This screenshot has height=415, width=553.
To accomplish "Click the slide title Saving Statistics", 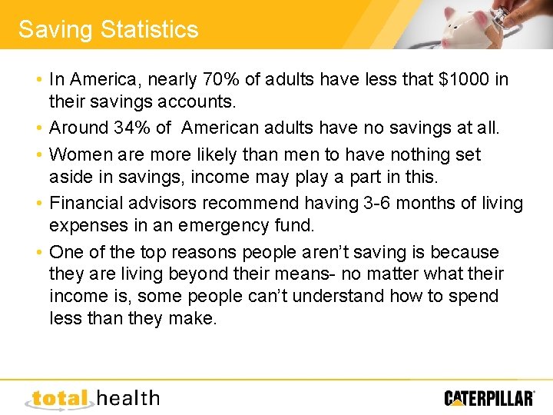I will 108,29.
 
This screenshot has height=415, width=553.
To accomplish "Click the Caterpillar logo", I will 489,398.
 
